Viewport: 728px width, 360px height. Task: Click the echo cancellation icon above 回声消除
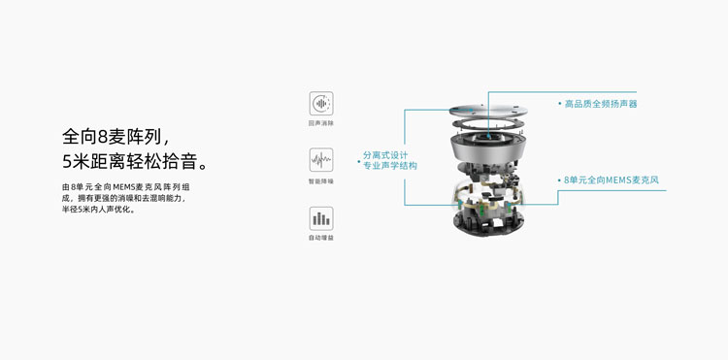click(321, 103)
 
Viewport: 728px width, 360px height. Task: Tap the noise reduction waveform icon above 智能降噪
click(321, 160)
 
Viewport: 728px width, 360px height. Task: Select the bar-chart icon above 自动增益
click(321, 218)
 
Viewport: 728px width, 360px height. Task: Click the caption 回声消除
click(321, 123)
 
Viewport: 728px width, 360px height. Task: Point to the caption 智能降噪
click(321, 180)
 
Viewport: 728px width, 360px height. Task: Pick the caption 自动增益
click(321, 238)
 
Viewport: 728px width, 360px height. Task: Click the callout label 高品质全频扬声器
click(601, 104)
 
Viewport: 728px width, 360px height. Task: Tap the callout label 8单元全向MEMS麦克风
click(612, 180)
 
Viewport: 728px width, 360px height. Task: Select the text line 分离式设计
click(385, 155)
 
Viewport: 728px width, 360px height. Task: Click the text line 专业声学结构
click(390, 167)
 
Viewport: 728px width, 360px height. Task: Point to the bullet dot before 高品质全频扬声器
click(560, 104)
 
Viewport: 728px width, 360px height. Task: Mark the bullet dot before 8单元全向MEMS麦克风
click(560, 180)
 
